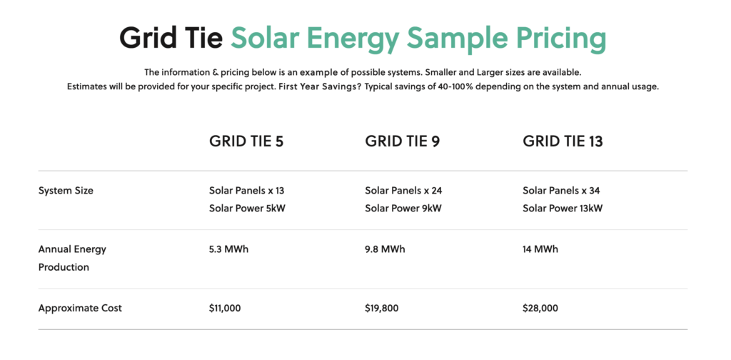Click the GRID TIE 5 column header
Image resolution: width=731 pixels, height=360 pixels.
tap(246, 141)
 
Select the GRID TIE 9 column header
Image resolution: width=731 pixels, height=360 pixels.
tap(403, 141)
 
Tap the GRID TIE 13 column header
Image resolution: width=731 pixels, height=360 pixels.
tap(563, 141)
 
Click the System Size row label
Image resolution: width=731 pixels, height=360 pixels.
tap(66, 191)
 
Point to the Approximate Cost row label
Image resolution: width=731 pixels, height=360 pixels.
tap(80, 309)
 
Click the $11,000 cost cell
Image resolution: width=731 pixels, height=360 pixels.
tap(225, 309)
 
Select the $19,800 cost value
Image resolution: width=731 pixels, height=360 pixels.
tap(382, 309)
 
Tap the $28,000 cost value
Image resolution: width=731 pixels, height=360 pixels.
tap(540, 309)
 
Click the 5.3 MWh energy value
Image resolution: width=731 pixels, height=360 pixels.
tap(229, 249)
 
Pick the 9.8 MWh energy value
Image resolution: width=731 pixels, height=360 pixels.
tap(385, 249)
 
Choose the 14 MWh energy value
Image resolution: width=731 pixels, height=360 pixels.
tap(540, 249)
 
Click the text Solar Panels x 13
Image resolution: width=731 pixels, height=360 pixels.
tap(246, 191)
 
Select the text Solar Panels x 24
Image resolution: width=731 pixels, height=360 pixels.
tap(404, 191)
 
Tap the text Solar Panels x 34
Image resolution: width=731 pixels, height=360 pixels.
tap(561, 191)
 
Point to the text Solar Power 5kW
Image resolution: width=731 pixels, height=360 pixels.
tap(247, 209)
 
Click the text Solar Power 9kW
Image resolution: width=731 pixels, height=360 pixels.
tap(403, 209)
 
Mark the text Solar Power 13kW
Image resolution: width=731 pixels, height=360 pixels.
tap(563, 209)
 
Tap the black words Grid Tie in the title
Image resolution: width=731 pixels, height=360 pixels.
tap(171, 37)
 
